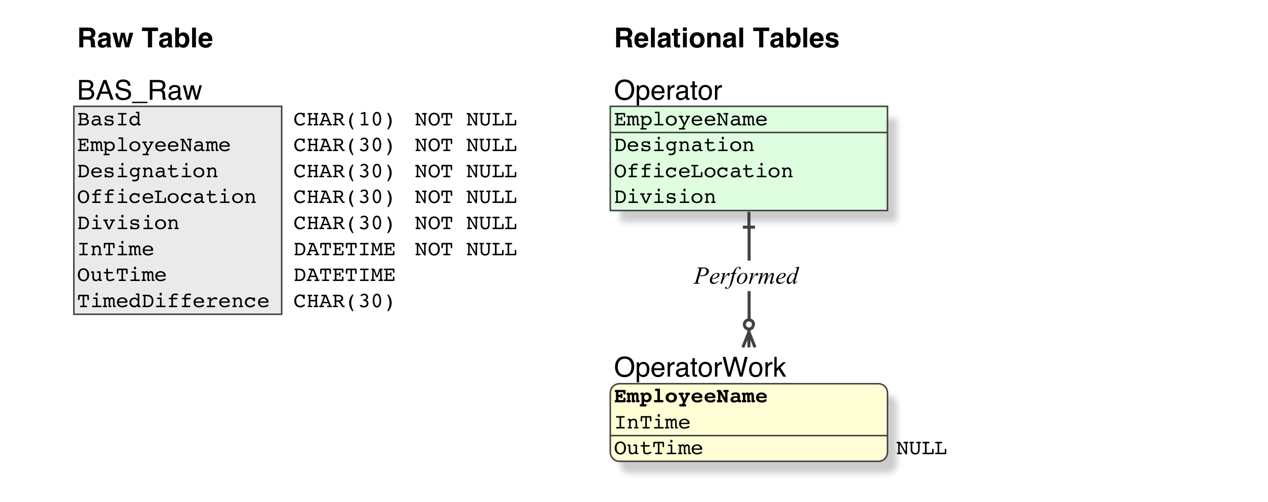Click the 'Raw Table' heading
(145, 38)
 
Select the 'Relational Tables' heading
(727, 38)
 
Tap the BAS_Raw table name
(139, 91)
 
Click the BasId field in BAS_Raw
(109, 120)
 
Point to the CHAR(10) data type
(344, 120)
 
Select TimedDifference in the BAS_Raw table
(173, 301)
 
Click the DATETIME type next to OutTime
(344, 275)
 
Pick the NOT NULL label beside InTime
(466, 249)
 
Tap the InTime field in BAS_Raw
(116, 249)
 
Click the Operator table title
(668, 91)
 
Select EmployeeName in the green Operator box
(691, 120)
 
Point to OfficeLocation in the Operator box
(703, 171)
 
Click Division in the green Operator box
(665, 197)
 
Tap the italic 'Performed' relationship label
(746, 276)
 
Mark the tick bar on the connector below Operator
(749, 227)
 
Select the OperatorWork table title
(700, 368)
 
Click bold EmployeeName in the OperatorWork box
(691, 396)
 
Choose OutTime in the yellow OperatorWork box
(659, 448)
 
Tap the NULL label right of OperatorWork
(921, 448)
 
